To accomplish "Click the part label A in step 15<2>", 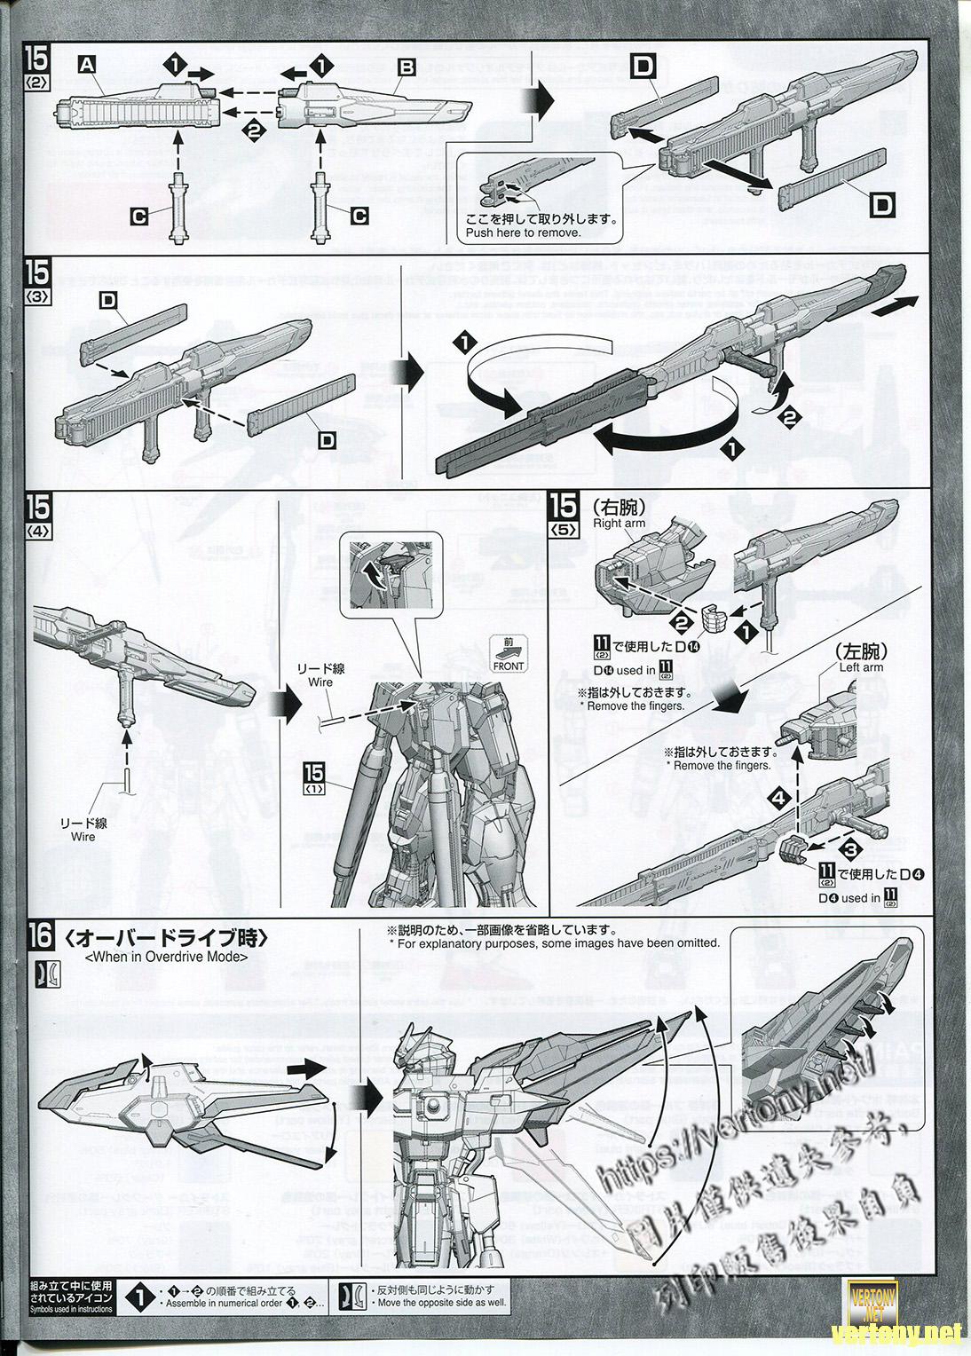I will click(x=87, y=64).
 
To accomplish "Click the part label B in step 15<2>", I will click(x=407, y=67).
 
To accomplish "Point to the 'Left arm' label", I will click(x=861, y=666).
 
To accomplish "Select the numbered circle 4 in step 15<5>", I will click(x=778, y=799).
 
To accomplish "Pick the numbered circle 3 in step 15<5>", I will click(x=849, y=850).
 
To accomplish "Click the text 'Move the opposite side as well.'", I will click(x=424, y=1303).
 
